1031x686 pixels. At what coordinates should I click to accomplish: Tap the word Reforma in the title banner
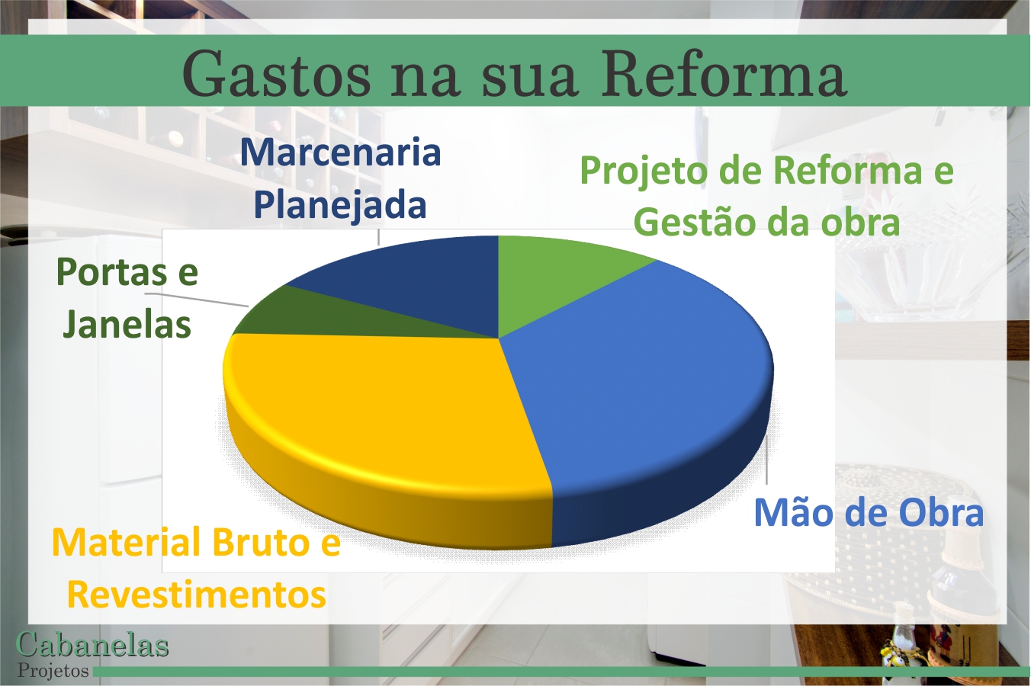(723, 75)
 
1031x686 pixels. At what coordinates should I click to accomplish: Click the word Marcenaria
(340, 152)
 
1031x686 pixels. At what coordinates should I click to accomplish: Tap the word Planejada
(340, 204)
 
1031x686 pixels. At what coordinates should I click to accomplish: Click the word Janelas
(127, 324)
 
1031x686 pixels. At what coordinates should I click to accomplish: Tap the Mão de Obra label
(868, 513)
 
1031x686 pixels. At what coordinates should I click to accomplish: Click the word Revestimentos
(197, 595)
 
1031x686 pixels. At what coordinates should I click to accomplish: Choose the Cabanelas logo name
(92, 645)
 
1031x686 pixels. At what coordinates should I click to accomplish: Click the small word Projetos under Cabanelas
(53, 671)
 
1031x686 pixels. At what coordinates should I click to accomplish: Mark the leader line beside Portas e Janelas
(198, 299)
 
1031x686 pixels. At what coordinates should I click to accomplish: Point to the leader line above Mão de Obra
(767, 461)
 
